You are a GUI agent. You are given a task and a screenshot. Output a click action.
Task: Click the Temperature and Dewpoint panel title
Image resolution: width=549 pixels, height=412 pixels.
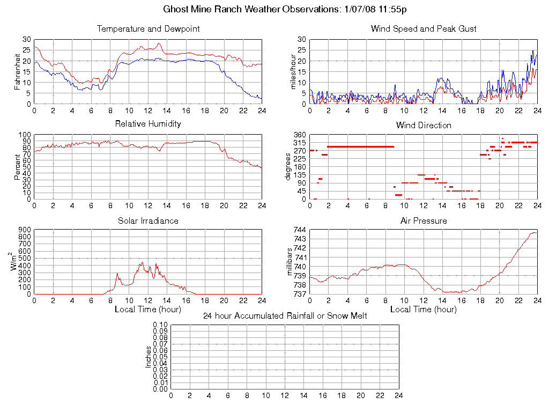[x=148, y=29]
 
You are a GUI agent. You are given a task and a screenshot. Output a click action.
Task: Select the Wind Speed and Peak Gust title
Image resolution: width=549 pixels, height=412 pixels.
[x=424, y=29]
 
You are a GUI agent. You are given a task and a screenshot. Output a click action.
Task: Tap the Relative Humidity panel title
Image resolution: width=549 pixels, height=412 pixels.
[x=148, y=124]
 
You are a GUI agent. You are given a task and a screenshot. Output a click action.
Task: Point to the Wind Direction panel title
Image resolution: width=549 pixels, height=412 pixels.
[x=424, y=126]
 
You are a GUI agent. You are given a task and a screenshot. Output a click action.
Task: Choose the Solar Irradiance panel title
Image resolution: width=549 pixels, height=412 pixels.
[x=148, y=221]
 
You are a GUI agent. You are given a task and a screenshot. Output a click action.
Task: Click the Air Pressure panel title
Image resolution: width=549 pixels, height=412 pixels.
[x=424, y=221]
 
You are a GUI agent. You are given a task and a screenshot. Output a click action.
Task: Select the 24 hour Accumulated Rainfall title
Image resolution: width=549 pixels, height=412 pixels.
[x=285, y=316]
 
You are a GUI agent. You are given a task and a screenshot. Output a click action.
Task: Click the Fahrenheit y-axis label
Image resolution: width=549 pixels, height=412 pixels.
[x=17, y=71]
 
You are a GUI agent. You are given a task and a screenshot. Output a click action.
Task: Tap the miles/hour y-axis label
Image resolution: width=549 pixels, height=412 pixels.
[x=293, y=71]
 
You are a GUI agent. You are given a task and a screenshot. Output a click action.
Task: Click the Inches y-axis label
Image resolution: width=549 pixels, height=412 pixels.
[x=149, y=357]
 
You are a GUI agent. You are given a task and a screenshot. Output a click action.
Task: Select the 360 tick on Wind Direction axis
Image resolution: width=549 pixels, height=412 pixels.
[x=300, y=135]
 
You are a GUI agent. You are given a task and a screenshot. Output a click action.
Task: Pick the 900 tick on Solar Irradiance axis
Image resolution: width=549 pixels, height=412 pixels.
[x=25, y=230]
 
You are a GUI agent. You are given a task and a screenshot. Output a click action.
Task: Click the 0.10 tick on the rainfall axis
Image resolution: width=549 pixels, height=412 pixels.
[x=160, y=325]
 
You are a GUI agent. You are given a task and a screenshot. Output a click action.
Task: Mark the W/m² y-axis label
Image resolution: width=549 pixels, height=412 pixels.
[x=15, y=262]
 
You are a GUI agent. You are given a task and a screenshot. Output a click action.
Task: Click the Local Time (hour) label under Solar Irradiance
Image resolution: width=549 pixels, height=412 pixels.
[x=148, y=310]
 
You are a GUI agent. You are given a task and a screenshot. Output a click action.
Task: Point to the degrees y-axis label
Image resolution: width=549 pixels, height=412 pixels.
[x=288, y=166]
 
